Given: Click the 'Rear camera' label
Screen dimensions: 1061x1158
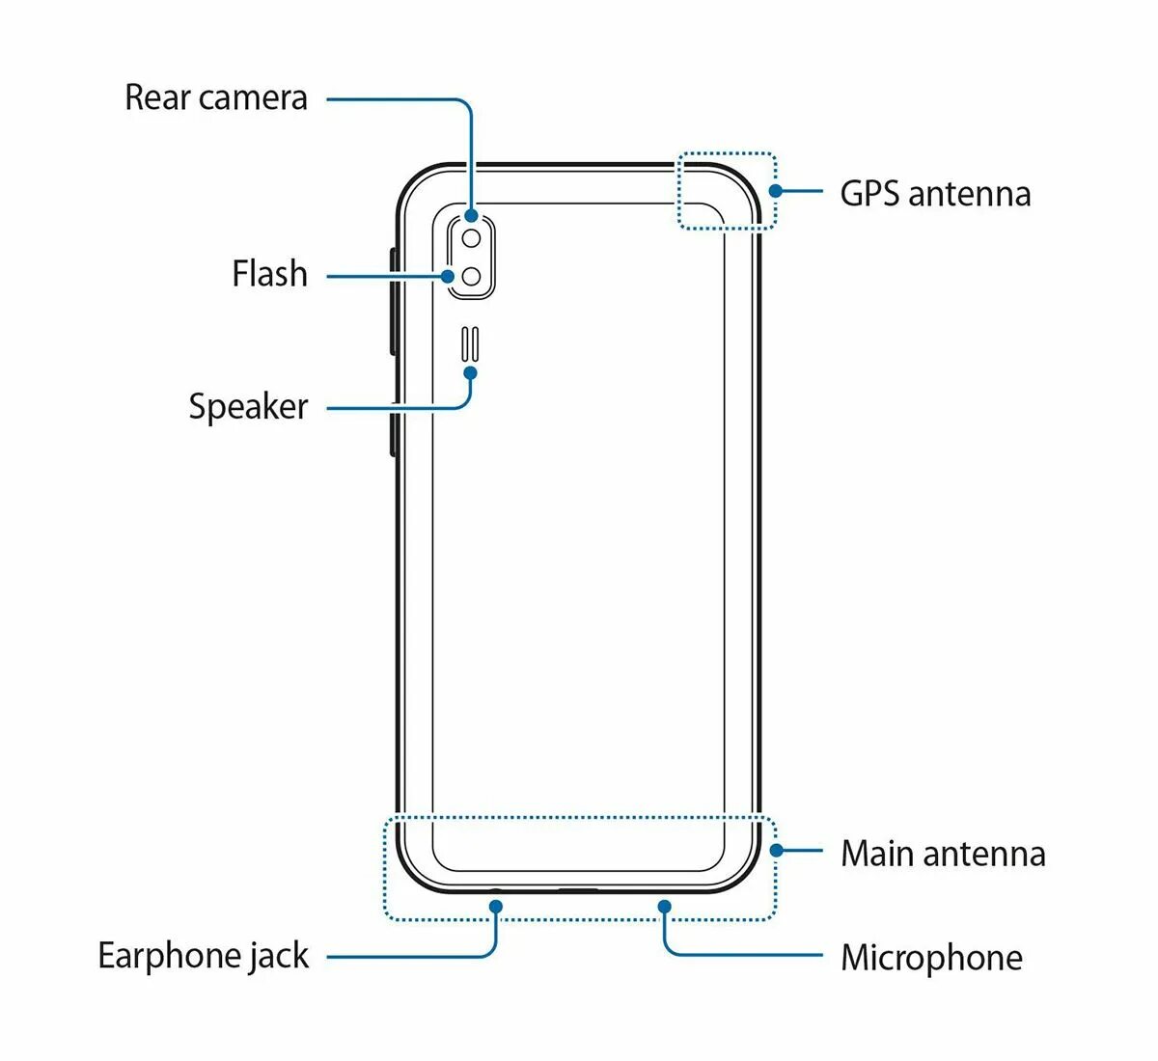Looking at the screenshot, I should tap(216, 97).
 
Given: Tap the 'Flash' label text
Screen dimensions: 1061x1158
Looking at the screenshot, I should tap(269, 274).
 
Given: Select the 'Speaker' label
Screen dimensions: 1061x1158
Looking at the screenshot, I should tap(248, 406).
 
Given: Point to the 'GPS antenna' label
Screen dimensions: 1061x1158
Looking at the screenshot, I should tap(935, 194).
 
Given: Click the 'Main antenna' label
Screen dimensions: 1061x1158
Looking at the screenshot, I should tap(943, 854).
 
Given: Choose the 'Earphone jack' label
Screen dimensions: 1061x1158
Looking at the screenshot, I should tap(204, 956).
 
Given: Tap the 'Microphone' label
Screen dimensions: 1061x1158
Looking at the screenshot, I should tap(931, 958).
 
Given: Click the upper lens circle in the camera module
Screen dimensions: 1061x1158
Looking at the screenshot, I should tap(472, 237).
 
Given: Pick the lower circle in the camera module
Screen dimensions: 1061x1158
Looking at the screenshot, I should tap(472, 277).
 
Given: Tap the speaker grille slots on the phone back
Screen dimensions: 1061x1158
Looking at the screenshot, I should tap(471, 343).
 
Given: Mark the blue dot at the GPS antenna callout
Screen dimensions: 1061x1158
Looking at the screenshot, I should tap(775, 191).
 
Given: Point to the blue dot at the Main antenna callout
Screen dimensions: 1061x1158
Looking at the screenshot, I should tap(776, 851).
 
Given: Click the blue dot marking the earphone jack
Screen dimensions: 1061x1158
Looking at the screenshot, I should tap(496, 906).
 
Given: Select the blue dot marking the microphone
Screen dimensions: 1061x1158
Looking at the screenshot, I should tap(664, 906).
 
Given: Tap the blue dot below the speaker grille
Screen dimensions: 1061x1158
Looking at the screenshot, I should tap(471, 372).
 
